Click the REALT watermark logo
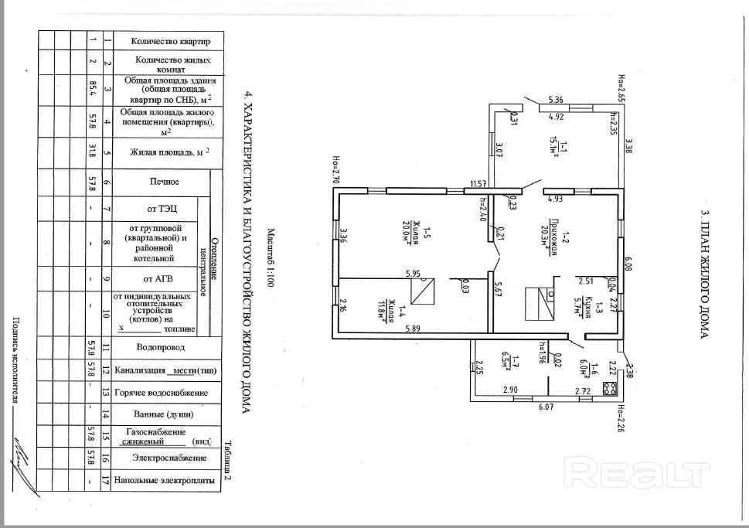click(638, 471)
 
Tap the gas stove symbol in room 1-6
click(609, 389)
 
